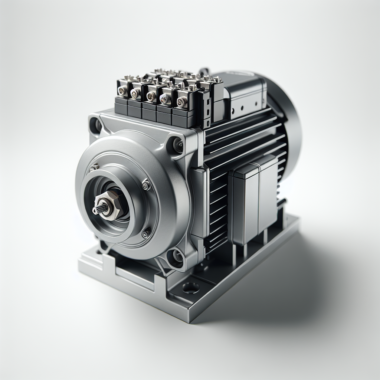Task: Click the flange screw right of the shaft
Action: (146, 185)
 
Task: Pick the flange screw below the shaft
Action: (146, 234)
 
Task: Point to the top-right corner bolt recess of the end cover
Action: (177, 145)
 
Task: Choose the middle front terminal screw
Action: (151, 96)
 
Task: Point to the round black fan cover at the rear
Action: (288, 119)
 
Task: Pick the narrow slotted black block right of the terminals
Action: (206, 108)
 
